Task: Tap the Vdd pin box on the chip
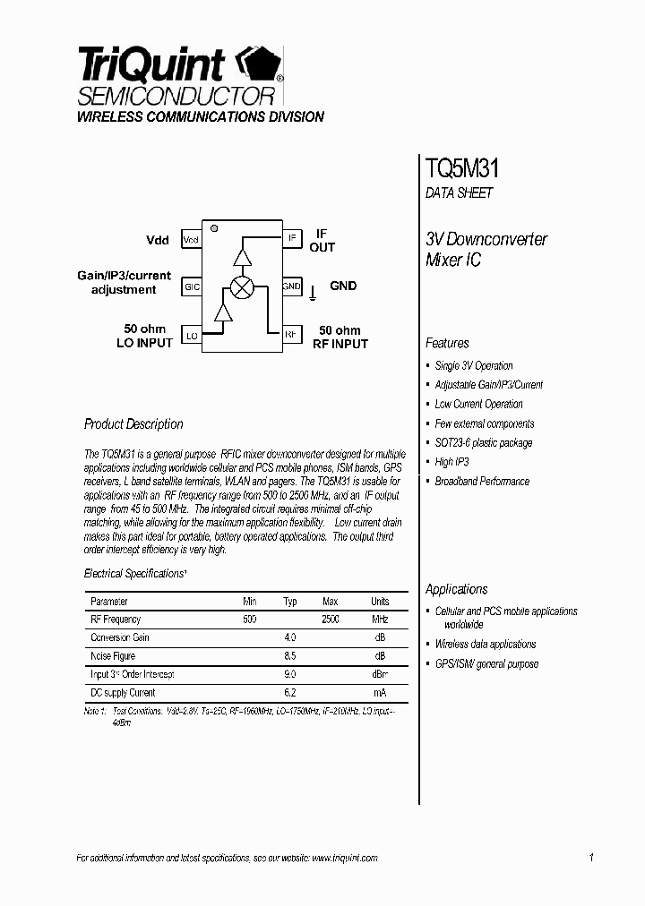[x=191, y=240]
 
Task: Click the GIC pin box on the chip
[x=191, y=287]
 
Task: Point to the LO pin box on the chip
[x=191, y=336]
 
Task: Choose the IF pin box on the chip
[x=292, y=238]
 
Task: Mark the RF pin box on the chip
[x=292, y=335]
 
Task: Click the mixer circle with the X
[x=242, y=286]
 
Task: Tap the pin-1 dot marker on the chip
[x=214, y=228]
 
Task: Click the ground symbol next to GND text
[x=313, y=291]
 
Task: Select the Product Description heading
[x=133, y=424]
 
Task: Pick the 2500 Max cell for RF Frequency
[x=330, y=620]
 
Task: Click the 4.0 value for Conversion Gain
[x=289, y=637]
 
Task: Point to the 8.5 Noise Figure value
[x=289, y=656]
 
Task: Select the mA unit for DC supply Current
[x=380, y=693]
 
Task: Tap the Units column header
[x=380, y=602]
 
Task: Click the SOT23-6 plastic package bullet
[x=483, y=443]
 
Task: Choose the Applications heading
[x=457, y=589]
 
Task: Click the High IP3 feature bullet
[x=451, y=462]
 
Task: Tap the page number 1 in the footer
[x=591, y=858]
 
